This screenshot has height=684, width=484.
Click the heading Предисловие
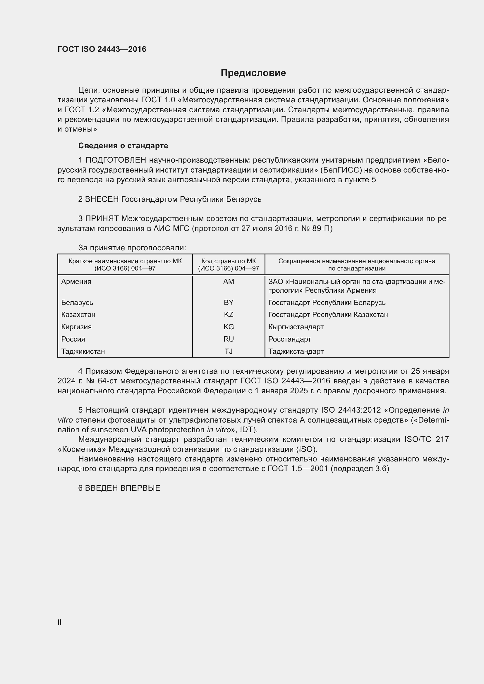253,73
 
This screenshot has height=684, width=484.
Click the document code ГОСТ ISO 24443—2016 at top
102,49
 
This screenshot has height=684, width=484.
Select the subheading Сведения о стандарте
123,146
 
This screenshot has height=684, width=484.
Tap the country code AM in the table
229,282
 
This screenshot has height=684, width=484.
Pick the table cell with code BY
229,303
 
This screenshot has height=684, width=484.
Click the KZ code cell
229,315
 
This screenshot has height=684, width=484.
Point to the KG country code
229,327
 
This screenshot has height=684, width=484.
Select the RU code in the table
229,339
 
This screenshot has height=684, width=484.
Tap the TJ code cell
229,351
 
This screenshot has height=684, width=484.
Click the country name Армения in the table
76,282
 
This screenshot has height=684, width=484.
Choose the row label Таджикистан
83,351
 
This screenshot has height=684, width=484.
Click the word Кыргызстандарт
296,327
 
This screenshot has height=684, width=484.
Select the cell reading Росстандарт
289,339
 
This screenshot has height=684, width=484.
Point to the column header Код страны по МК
229,261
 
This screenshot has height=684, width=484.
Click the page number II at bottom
60,622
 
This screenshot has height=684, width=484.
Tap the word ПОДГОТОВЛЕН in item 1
116,160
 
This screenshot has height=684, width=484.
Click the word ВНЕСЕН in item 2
102,199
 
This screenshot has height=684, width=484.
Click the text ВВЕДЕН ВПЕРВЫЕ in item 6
123,488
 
